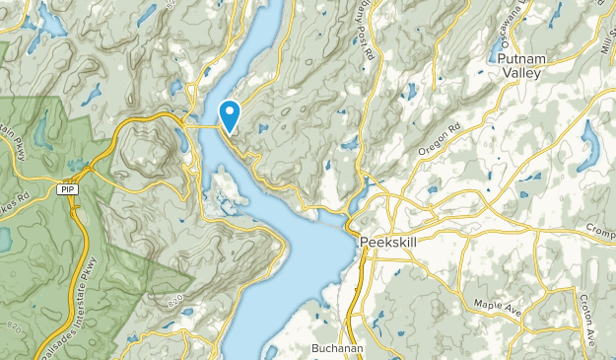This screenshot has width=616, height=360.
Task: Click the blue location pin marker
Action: point(229,115)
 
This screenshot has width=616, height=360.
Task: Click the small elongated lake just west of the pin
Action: point(182,138)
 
